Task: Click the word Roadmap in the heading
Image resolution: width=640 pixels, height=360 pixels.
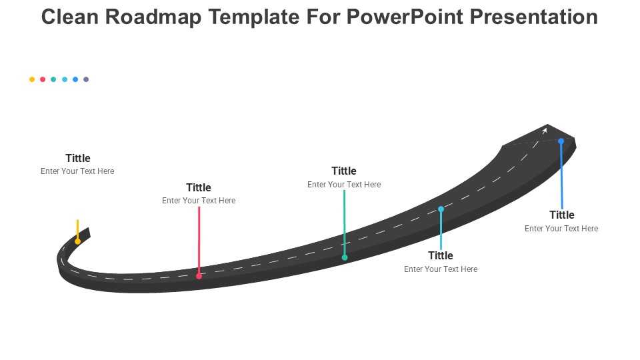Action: point(153,17)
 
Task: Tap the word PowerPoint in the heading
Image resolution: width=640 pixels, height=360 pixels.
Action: point(405,17)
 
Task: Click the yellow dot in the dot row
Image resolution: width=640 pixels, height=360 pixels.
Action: point(32,79)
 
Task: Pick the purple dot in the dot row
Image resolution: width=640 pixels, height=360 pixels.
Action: point(86,79)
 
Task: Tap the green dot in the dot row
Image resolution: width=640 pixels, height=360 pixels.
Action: point(53,79)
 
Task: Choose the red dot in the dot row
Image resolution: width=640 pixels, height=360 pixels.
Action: point(43,79)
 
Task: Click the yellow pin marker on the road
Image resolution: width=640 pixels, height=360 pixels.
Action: point(77,241)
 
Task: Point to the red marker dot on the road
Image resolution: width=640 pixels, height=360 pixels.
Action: point(199,276)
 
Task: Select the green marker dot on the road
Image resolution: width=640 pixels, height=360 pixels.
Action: point(345,257)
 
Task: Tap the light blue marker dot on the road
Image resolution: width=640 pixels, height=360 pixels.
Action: point(441,209)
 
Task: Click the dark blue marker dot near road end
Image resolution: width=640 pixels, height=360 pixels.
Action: point(561,141)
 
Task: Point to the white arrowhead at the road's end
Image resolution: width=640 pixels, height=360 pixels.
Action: point(544,131)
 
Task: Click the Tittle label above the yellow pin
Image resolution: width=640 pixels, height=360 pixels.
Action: point(78,158)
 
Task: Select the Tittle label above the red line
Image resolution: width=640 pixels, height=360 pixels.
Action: point(199,187)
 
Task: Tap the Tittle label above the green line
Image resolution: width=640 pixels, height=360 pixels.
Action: point(344,171)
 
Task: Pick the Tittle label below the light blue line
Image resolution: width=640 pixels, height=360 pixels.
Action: point(441,255)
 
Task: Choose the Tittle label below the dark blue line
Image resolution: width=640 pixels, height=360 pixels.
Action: point(561,215)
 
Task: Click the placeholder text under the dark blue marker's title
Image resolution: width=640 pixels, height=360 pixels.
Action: point(561,228)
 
